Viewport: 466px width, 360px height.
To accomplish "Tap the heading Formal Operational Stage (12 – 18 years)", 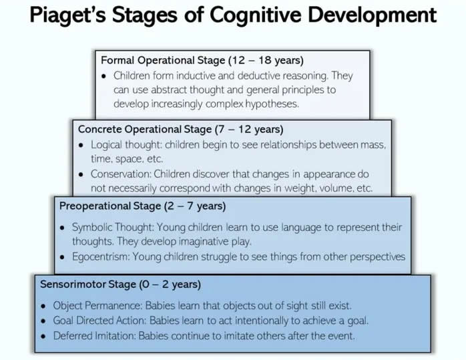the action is (202, 60).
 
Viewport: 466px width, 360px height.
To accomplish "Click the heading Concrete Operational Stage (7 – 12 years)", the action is (181, 130).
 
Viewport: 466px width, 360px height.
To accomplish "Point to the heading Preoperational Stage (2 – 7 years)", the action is (142, 206).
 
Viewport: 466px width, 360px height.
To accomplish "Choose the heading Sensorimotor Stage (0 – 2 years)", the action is (120, 285).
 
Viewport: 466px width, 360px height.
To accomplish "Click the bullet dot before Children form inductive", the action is (103, 76).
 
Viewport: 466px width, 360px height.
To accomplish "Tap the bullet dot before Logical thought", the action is (81, 146).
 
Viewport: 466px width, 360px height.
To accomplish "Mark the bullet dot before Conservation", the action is (81, 174).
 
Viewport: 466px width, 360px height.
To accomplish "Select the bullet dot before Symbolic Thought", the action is (62, 228).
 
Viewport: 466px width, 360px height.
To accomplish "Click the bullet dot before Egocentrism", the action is (62, 257).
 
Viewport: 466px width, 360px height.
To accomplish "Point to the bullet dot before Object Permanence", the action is (43, 306).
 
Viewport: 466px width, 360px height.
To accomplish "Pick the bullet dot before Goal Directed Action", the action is (43, 321).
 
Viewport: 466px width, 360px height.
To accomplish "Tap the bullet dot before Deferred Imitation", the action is (43, 337).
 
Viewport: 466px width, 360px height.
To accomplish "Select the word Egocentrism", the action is (101, 256).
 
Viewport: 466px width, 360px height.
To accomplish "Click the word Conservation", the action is (122, 174).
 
